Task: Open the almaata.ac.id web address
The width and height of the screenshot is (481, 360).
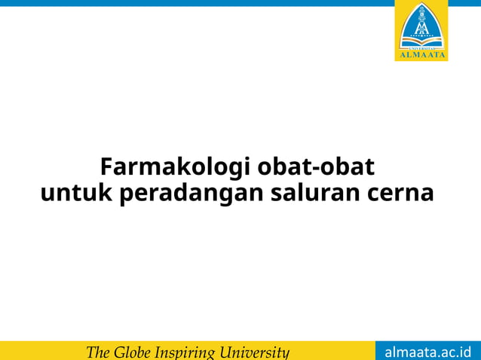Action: (x=427, y=352)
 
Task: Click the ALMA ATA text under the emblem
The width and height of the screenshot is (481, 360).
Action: (x=421, y=54)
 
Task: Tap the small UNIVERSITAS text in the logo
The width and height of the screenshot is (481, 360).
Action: (x=421, y=45)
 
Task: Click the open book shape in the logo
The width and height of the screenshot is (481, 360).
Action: (x=421, y=38)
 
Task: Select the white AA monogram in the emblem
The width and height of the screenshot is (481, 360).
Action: (x=421, y=27)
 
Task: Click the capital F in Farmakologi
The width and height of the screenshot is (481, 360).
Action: (x=106, y=166)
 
